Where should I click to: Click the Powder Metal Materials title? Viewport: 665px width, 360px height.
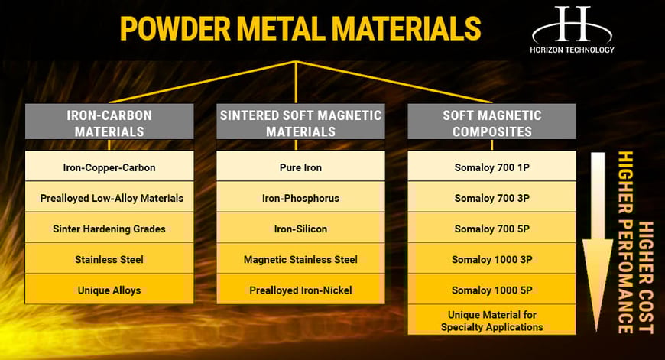tap(300, 28)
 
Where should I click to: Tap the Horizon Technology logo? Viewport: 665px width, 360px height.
tap(573, 29)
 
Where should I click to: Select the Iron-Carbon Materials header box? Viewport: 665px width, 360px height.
tap(109, 123)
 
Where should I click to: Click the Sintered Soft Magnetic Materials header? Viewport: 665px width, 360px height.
tap(300, 123)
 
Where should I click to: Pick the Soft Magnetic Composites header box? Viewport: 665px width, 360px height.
tap(491, 123)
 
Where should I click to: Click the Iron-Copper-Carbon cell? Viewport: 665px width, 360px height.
tap(109, 167)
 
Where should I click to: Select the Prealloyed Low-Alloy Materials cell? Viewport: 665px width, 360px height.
tap(109, 198)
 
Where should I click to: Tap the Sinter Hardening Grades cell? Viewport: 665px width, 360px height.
tap(109, 229)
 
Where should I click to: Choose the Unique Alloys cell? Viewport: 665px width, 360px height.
tap(109, 290)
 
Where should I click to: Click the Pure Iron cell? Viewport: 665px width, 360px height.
tap(300, 167)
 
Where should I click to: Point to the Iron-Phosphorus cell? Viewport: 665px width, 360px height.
tap(300, 198)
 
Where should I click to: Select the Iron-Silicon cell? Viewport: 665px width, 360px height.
tap(300, 229)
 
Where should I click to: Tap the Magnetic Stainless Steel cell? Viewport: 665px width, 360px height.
tap(300, 260)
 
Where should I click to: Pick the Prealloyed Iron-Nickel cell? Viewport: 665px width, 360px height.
tap(300, 290)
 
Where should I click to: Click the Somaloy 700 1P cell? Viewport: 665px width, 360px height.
tap(491, 167)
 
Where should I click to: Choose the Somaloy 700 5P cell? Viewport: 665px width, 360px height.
tap(491, 229)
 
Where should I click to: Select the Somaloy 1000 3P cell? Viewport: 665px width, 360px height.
tap(491, 260)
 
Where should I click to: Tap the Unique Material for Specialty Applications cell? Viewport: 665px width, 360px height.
tap(491, 321)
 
